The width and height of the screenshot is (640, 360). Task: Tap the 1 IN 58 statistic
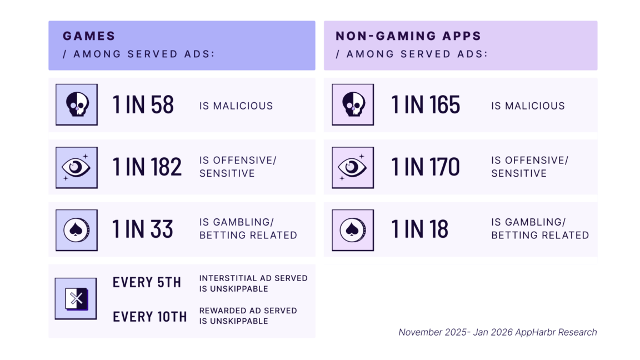click(143, 105)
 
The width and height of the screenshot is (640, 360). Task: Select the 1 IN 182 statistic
click(147, 167)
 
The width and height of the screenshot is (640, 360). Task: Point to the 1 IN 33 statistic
click(143, 229)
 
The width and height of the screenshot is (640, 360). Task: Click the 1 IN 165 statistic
click(426, 105)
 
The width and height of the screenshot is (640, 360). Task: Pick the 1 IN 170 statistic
click(426, 167)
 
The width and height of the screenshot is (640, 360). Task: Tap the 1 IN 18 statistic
click(419, 229)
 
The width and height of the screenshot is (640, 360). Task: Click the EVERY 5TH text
click(147, 283)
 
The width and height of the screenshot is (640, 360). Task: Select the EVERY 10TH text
click(149, 317)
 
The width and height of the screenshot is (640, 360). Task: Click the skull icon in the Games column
click(76, 104)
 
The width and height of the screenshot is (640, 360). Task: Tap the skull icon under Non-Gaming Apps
click(353, 104)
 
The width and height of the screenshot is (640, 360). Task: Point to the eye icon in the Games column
click(76, 167)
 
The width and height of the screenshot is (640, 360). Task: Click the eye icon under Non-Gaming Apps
click(353, 167)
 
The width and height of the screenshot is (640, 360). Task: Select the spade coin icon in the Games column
click(76, 230)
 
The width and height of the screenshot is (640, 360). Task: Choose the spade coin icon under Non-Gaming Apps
click(353, 230)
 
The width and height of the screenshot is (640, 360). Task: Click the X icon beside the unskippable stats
click(76, 299)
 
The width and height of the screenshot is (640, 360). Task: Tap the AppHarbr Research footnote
click(497, 332)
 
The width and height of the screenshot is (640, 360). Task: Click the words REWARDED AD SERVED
click(248, 311)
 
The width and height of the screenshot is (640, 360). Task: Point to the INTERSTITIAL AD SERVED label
click(253, 278)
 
